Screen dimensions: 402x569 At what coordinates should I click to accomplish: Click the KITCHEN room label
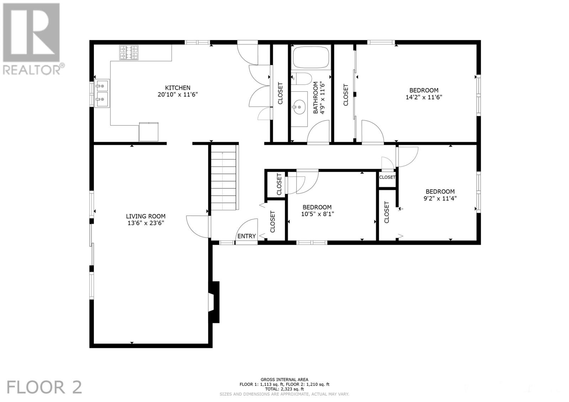coord(177,88)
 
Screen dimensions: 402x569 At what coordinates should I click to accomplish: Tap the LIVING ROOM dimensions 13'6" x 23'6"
coord(145,223)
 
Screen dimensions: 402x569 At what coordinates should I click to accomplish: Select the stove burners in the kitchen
coord(129,53)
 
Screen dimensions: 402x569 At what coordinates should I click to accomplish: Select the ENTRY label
coord(246,236)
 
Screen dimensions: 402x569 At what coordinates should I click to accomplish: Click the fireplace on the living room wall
coord(214,302)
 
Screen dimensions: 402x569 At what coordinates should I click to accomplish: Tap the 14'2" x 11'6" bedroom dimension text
coord(424,97)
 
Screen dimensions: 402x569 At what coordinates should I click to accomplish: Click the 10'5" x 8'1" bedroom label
coord(317,207)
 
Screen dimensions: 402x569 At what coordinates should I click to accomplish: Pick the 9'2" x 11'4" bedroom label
coord(440,192)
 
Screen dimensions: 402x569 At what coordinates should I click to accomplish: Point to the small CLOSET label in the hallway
coord(387,177)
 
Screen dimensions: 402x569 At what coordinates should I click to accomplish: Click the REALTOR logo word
coord(32,70)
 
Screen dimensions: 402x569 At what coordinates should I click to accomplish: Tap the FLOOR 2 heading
coord(44,387)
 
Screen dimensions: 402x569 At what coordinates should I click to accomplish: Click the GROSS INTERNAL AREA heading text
coord(284,380)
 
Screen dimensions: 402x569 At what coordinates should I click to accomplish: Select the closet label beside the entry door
coord(273,222)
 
